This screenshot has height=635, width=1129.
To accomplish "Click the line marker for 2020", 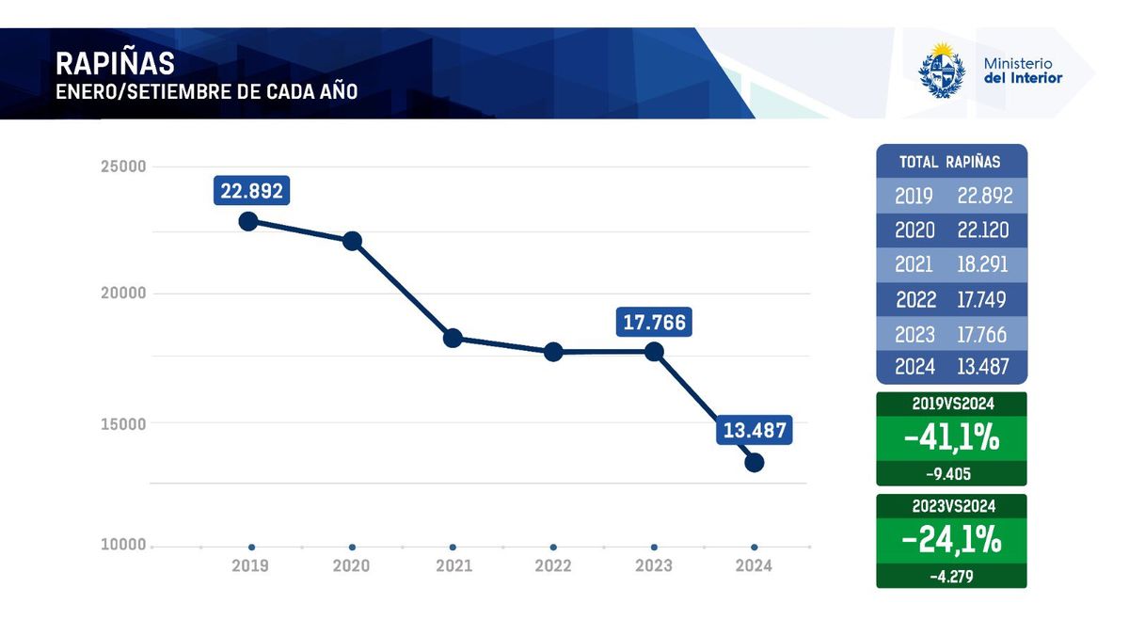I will click(352, 241).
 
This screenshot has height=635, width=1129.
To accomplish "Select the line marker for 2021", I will click(453, 338).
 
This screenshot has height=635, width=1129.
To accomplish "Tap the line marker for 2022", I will click(553, 352).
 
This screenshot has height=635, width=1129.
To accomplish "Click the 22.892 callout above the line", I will click(251, 191).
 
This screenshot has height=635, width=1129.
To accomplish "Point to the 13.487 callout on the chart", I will click(754, 431).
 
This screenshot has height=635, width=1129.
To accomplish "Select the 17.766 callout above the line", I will click(654, 324).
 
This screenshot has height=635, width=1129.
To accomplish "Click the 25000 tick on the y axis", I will click(123, 167).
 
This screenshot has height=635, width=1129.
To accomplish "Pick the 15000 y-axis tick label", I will click(123, 423).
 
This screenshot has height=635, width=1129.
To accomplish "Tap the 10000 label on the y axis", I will click(123, 546).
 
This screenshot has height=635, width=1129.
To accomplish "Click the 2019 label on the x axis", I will click(251, 565).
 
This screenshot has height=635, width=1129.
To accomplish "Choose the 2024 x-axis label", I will click(754, 565).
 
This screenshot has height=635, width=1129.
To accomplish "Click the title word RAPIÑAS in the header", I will click(115, 63).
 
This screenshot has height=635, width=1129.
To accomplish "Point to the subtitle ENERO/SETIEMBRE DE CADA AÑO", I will click(206, 93).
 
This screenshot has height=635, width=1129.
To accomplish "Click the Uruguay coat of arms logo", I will click(942, 71).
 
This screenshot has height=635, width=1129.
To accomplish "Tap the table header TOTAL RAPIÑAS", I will click(950, 162).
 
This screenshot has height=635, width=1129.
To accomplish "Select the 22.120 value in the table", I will click(983, 230).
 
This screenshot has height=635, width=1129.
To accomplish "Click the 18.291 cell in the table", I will click(983, 264).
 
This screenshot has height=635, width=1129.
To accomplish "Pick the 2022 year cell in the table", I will click(915, 299).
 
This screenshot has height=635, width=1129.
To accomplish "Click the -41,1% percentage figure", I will click(950, 437).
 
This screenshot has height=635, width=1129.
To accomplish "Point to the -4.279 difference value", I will click(950, 575).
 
